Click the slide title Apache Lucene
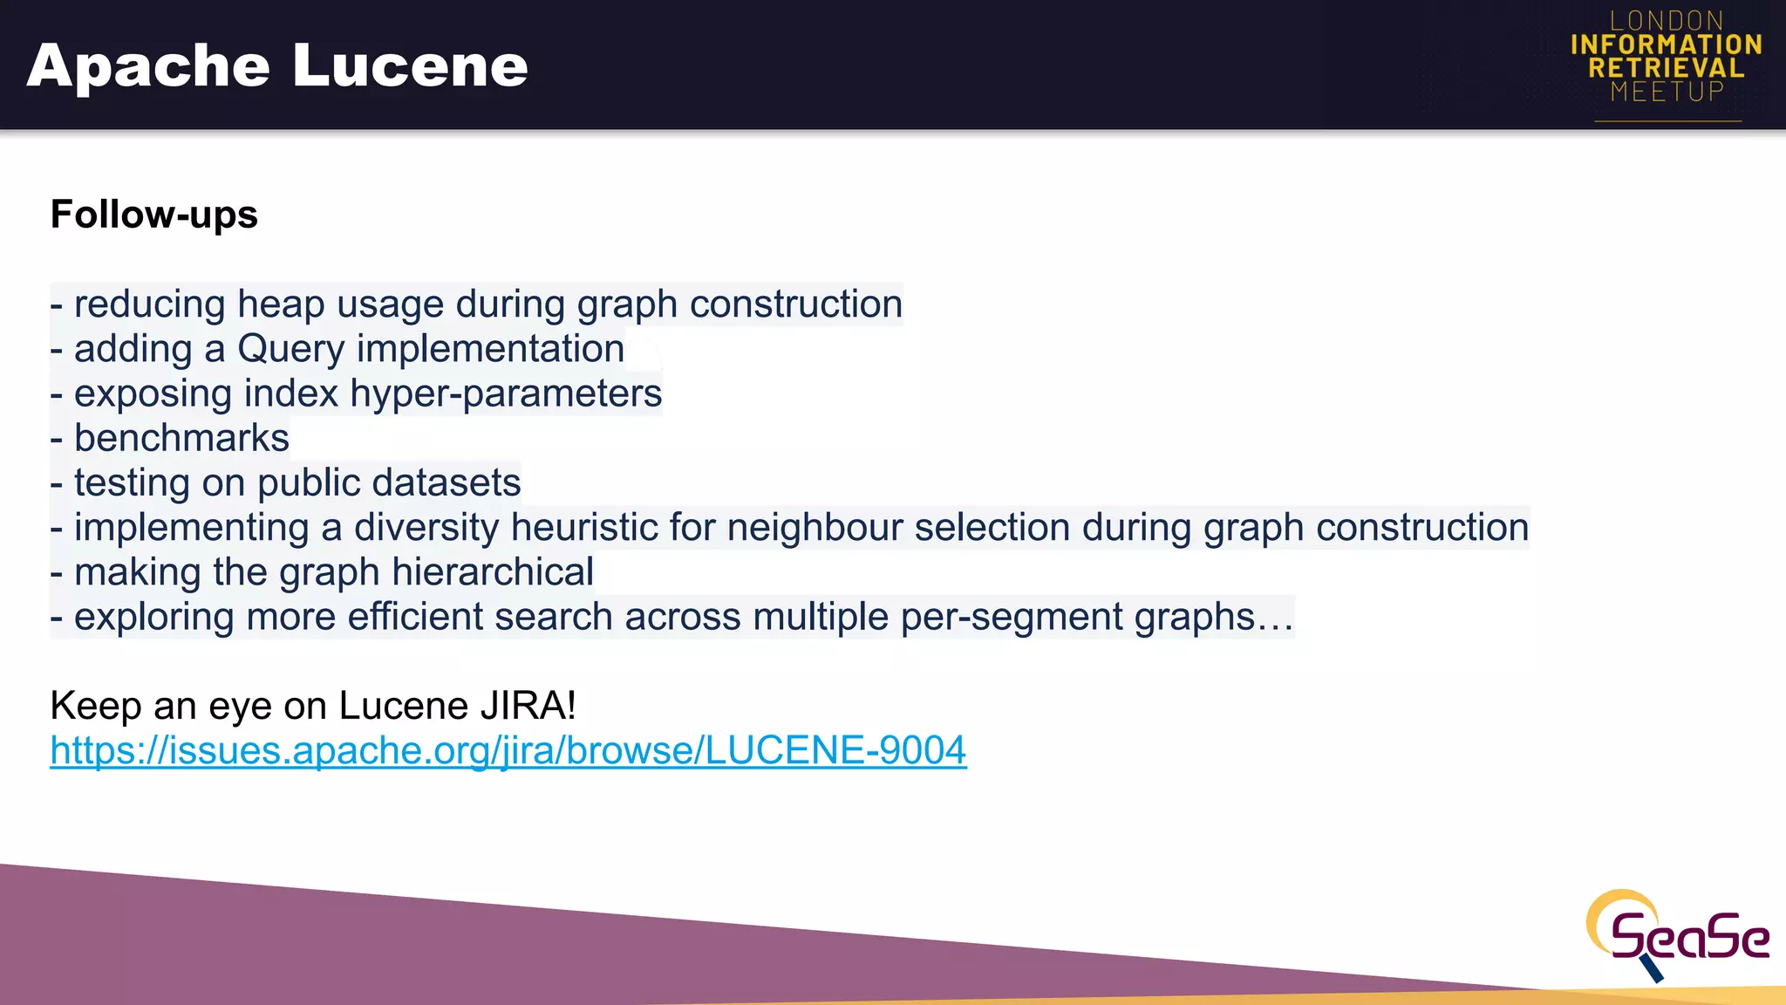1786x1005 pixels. click(x=277, y=66)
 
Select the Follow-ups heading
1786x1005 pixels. click(x=154, y=215)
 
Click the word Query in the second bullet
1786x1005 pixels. click(x=291, y=349)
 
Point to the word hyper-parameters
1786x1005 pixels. click(x=506, y=393)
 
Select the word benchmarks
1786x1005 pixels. click(x=181, y=438)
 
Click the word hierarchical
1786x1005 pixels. click(x=493, y=572)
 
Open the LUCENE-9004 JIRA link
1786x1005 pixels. click(x=508, y=750)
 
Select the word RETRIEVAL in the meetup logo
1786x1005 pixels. click(x=1667, y=68)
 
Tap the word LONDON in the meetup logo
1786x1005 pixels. click(x=1667, y=21)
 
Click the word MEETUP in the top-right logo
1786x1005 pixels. click(x=1667, y=92)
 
